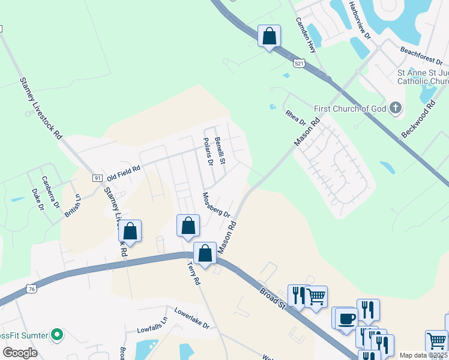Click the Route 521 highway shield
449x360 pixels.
point(299,62)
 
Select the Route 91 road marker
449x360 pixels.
point(97,178)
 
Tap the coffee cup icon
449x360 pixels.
point(346,318)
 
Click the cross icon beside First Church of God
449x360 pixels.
point(395,108)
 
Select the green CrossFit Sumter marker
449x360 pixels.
point(57,334)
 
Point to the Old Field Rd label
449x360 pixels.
point(123,174)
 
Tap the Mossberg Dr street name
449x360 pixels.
point(216,205)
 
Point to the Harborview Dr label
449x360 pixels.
point(360,19)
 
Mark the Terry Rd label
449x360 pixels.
point(193,272)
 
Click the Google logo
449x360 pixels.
point(20,352)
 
